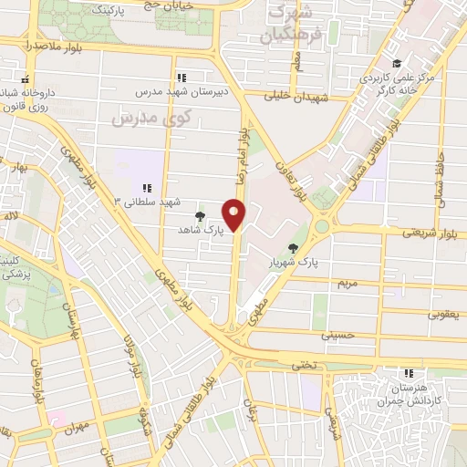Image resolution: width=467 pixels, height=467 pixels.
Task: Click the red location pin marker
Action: [x=235, y=216]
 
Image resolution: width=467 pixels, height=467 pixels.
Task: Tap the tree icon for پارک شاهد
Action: [x=201, y=216]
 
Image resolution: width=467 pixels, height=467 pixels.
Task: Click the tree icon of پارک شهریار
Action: [x=293, y=247]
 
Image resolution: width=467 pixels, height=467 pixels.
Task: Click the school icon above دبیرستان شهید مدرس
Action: [x=181, y=78]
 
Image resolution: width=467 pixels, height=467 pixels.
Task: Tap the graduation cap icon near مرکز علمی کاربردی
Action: [x=396, y=63]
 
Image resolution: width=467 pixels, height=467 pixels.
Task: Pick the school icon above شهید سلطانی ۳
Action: [x=147, y=187]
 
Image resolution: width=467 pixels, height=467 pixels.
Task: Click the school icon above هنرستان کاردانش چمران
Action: [x=410, y=372]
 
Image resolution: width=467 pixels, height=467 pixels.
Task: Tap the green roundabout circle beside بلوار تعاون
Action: [x=320, y=226]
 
